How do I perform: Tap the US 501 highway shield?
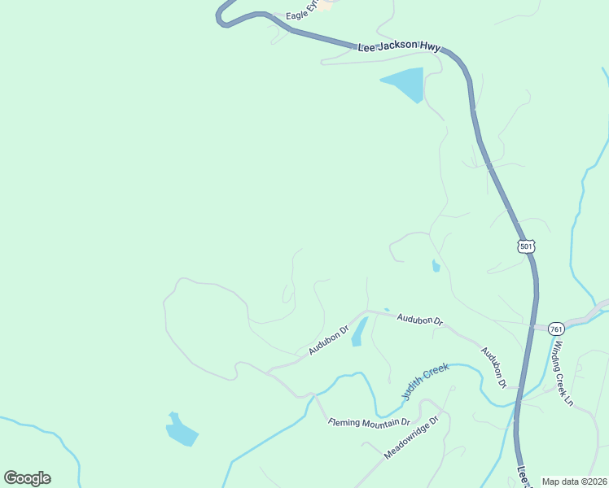525,246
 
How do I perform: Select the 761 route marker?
555,329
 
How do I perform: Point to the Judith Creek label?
425,381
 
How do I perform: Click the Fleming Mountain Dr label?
369,422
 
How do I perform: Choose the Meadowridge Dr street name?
411,438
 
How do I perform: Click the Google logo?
27,478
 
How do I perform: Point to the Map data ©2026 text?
574,481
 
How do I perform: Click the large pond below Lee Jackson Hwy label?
405,83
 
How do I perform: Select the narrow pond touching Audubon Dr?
358,332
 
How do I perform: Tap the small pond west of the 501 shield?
436,266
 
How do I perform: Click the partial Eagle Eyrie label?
300,15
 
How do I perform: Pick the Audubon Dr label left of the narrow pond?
327,340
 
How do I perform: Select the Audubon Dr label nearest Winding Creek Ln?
493,367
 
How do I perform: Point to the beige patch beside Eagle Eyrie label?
326,5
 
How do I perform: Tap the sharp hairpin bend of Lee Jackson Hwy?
221,16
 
